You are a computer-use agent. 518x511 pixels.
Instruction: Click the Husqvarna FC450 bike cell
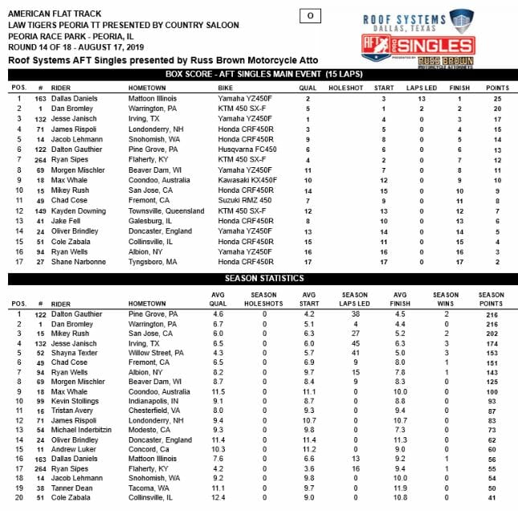coord(243,149)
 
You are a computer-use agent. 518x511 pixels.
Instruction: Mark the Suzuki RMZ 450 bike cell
coord(239,202)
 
